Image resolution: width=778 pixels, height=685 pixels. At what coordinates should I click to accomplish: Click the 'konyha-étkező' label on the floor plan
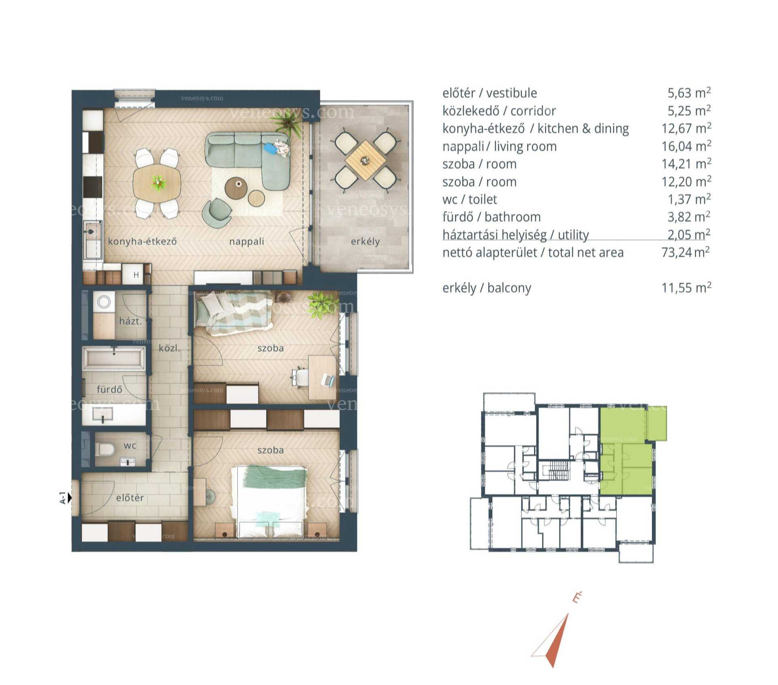tap(142, 241)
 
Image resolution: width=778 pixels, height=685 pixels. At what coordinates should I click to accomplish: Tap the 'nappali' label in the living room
tap(246, 242)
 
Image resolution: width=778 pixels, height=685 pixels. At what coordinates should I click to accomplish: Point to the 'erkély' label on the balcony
tap(365, 242)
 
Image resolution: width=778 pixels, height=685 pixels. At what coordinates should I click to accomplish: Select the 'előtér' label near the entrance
tap(130, 498)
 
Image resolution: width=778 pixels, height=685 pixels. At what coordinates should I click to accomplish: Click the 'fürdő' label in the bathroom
tap(109, 389)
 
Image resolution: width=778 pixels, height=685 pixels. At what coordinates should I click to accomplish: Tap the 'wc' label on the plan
tap(130, 446)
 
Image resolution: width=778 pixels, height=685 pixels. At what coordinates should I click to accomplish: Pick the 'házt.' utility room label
tap(130, 321)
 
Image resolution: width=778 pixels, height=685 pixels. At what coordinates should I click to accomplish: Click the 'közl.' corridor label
tap(169, 348)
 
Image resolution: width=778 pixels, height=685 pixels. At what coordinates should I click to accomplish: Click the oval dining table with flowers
tap(157, 183)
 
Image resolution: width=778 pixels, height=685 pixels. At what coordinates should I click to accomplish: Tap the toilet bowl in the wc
tap(107, 449)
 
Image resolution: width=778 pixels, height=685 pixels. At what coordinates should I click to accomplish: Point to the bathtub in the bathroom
tap(114, 358)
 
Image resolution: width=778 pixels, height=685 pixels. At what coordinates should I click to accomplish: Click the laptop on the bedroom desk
tap(328, 380)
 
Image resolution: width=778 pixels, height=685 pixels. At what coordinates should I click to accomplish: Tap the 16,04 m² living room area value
tap(686, 146)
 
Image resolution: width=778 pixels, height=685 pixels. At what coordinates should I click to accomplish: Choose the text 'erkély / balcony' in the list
tap(487, 288)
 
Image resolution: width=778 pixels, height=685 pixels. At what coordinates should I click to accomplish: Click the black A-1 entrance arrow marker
tap(70, 498)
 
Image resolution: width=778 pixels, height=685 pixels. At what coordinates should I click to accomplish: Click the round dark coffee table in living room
tap(236, 188)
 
